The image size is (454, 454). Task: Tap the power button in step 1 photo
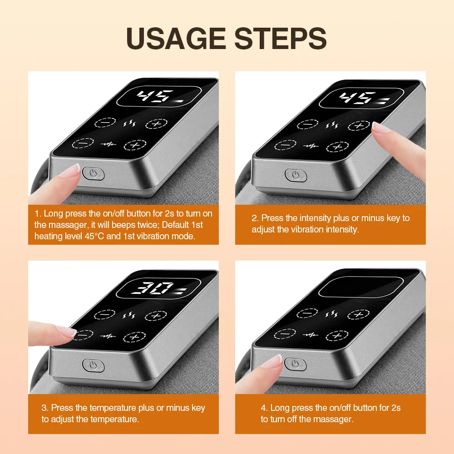click(x=94, y=173)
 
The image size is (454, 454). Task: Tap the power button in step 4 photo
click(x=296, y=363)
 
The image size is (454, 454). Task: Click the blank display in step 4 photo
click(x=361, y=287)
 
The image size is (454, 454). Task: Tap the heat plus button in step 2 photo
click(x=359, y=126)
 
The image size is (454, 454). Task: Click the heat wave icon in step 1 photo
click(x=128, y=123)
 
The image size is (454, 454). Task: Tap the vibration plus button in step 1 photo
click(x=135, y=144)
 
